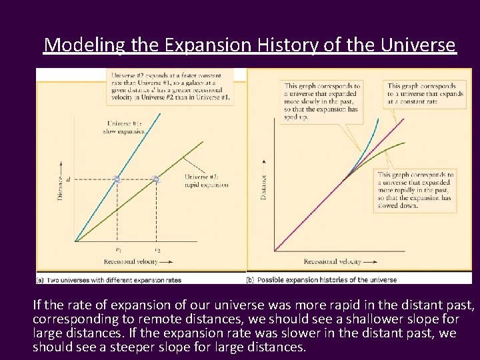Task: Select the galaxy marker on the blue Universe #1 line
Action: (x=117, y=179)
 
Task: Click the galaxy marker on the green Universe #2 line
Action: (x=156, y=179)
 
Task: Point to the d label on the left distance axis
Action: (x=67, y=179)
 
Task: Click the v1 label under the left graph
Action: (x=118, y=250)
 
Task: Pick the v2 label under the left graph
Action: (x=157, y=250)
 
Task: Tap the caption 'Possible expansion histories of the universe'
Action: (x=327, y=280)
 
